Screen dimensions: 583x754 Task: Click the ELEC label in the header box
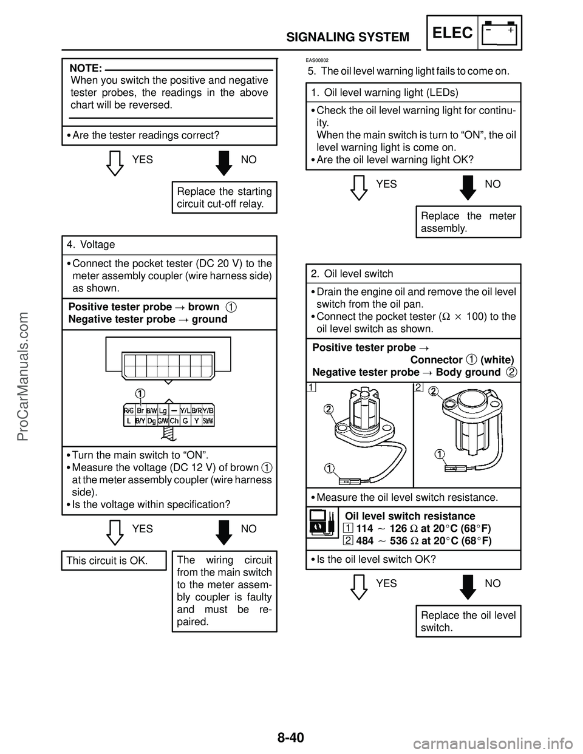[x=452, y=33]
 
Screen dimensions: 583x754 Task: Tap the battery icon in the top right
[x=499, y=33]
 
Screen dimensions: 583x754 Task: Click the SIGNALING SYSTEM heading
[x=348, y=37]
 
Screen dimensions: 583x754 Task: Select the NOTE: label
[x=86, y=68]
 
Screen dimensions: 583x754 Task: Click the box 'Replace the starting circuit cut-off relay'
[x=225, y=197]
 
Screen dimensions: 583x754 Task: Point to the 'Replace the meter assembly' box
[x=468, y=222]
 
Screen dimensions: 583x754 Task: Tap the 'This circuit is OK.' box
[x=114, y=560]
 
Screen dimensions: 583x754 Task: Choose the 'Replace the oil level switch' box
[x=468, y=621]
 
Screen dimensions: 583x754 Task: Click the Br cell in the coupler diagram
[x=140, y=410]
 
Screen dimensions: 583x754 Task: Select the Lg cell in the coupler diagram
[x=163, y=410]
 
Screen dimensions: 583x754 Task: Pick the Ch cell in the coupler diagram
[x=174, y=421]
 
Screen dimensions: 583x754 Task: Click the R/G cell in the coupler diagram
[x=129, y=410]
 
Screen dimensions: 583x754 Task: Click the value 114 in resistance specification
[x=364, y=528]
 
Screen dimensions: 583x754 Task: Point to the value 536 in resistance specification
[x=398, y=540]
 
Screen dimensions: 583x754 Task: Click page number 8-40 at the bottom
[x=291, y=735]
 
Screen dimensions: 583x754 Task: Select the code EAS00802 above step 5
[x=317, y=60]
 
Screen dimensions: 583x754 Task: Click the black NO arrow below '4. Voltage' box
[x=224, y=532]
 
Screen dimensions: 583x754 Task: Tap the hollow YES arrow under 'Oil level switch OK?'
[x=359, y=588]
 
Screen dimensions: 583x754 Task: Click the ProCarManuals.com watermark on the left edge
[x=23, y=377]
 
